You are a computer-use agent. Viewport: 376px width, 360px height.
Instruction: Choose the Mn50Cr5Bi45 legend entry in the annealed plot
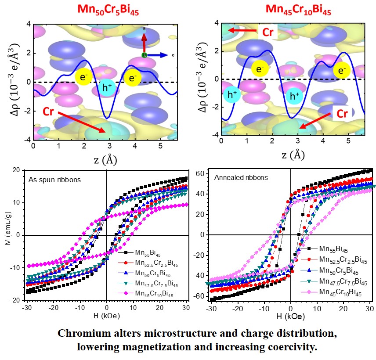pos(343,272)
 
